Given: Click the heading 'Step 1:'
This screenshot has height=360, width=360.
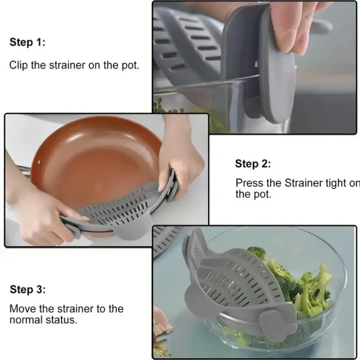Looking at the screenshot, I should (x=26, y=42).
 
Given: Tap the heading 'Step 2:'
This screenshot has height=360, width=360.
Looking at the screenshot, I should (x=253, y=164).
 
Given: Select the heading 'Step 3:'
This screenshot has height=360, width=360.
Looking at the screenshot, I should (x=26, y=290).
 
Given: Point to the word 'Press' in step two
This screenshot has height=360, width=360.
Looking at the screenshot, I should (x=248, y=183).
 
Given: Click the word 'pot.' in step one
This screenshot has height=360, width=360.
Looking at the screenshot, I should (x=129, y=65).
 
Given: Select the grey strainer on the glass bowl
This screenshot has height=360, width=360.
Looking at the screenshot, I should (x=236, y=281).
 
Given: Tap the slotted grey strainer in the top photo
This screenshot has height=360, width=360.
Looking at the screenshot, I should (x=191, y=51).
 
